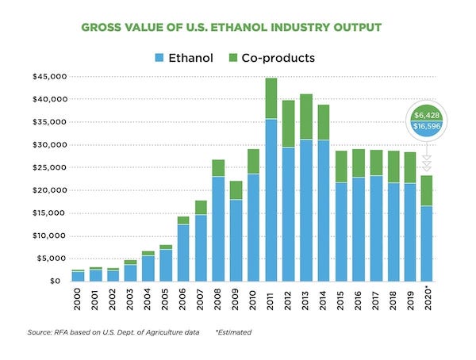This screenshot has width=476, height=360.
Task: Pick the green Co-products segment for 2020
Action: (427, 190)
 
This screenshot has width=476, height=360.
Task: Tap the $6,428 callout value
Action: (426, 115)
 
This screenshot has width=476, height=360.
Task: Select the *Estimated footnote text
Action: (236, 334)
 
